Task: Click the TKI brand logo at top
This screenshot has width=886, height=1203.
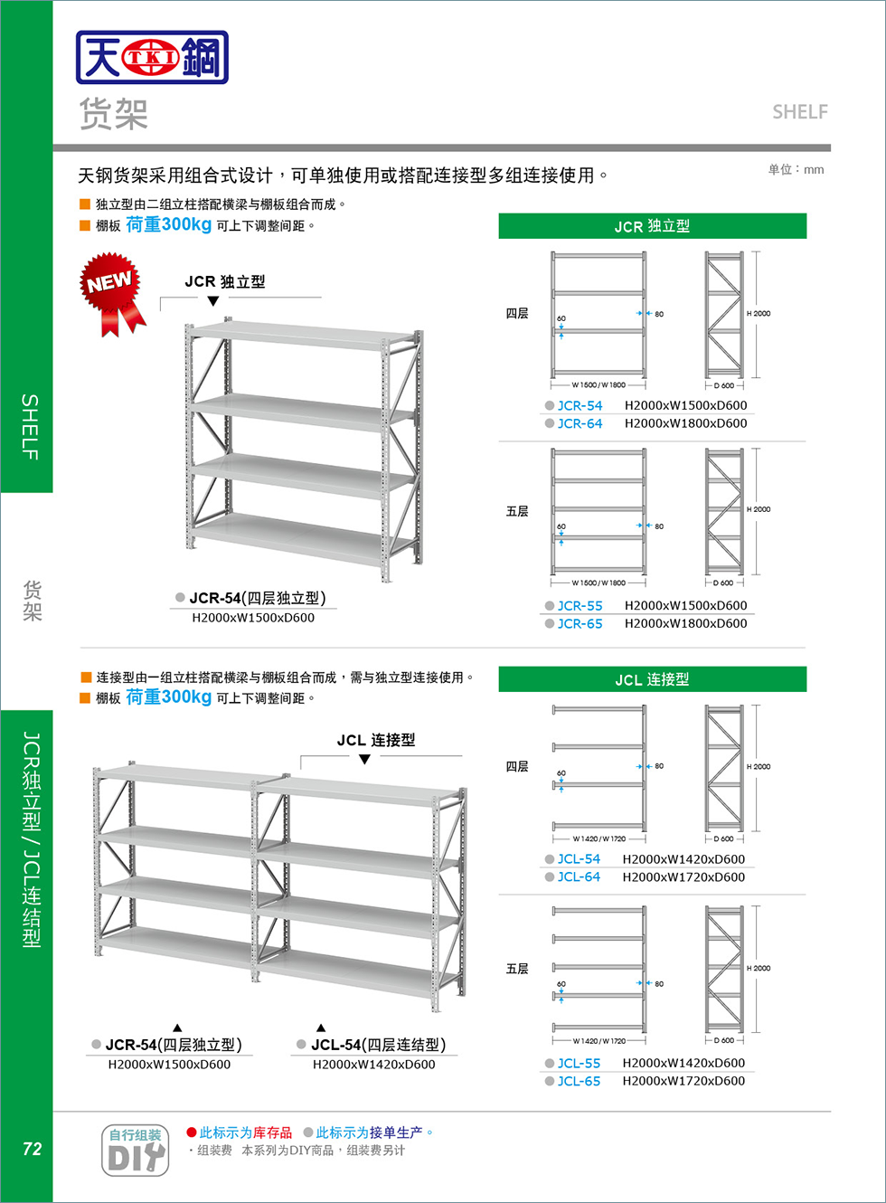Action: coord(152,58)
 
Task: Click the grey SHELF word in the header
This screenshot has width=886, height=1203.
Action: coord(799,112)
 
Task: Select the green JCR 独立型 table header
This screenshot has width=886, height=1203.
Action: coord(652,226)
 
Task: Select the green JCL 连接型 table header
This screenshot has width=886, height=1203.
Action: coord(652,679)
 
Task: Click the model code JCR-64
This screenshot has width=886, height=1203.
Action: coord(580,423)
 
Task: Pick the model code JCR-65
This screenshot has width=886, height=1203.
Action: coord(580,623)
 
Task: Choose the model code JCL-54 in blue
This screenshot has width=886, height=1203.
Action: coord(579,859)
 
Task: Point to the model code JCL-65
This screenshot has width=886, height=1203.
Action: coord(579,1081)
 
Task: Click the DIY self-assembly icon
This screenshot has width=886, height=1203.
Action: coord(135,1150)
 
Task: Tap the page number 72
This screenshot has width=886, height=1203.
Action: coord(32,1149)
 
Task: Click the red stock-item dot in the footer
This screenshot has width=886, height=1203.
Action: coord(192,1132)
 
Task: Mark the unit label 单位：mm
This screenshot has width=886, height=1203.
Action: coord(796,169)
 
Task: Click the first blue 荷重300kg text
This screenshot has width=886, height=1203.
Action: coord(168,224)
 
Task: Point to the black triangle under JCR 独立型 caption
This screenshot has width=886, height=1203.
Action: coord(213,301)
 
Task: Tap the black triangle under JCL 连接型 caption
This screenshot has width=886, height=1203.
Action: coord(364,760)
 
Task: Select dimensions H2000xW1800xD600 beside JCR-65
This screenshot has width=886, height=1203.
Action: coord(685,623)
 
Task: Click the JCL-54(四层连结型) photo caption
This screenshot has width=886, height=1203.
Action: coord(378,1045)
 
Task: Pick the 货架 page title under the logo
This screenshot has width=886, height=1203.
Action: coord(113,114)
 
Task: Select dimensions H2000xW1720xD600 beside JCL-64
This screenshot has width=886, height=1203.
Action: coord(683,877)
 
